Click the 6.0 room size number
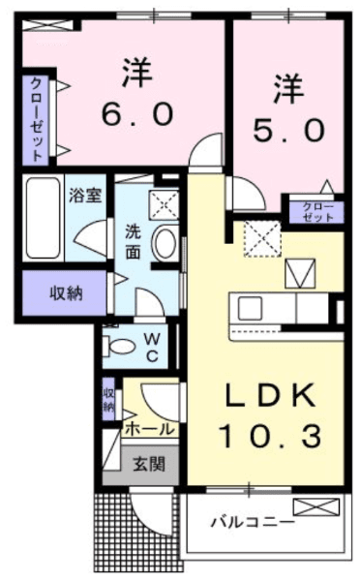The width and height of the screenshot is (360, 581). [x=137, y=113]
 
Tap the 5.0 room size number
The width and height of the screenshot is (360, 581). [x=289, y=131]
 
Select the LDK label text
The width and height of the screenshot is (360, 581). [x=272, y=395]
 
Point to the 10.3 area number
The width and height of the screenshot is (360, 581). [x=270, y=436]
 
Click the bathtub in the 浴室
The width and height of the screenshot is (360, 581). [x=44, y=218]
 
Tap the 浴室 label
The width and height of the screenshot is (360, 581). [x=85, y=195]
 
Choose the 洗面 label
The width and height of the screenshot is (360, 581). [x=133, y=241]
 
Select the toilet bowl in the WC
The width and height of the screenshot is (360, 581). [x=119, y=347]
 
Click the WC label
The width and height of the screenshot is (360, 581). [x=152, y=348]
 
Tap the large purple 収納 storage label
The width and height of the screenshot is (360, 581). [x=67, y=293]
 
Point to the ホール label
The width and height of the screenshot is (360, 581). [x=149, y=429]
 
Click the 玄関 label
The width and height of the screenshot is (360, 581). [x=149, y=463]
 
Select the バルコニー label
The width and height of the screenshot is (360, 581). [x=254, y=523]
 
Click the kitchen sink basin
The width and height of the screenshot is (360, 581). [x=250, y=309]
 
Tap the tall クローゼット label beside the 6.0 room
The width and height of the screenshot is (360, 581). [x=36, y=119]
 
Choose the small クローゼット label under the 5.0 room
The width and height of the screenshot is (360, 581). [x=317, y=211]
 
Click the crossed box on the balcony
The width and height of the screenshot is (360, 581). [x=315, y=506]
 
